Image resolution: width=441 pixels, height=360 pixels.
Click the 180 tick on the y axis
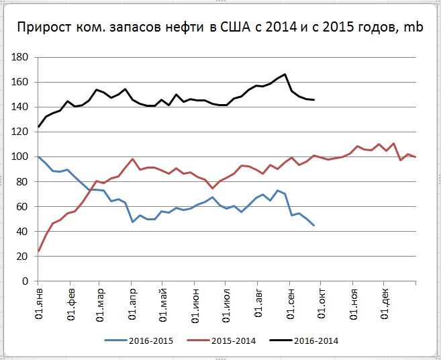(22, 58)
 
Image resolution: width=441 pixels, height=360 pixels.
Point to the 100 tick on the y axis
(22, 157)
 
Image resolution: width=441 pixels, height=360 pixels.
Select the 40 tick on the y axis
(24, 232)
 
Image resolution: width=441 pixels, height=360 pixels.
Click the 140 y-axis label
(22, 107)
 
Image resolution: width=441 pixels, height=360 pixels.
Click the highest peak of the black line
(285, 75)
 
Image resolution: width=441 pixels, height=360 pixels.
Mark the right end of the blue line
(313, 225)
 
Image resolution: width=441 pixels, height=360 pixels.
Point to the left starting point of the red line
(39, 251)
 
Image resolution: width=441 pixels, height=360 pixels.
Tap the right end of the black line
(313, 99)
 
